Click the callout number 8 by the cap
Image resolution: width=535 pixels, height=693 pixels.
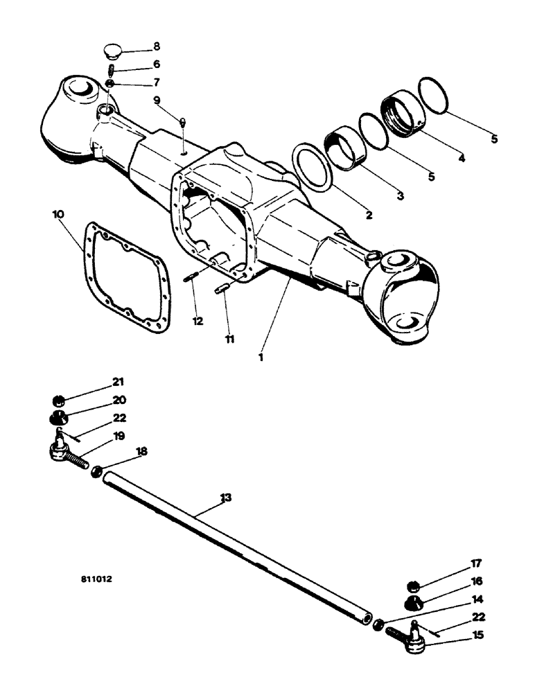pyautogui.click(x=157, y=47)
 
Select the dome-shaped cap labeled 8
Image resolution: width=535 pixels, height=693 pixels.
pyautogui.click(x=111, y=51)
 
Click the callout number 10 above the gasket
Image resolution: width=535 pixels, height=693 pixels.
pyautogui.click(x=58, y=215)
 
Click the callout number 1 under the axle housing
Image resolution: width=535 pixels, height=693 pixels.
pyautogui.click(x=261, y=357)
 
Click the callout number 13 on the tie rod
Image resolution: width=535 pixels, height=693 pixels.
pyautogui.click(x=225, y=498)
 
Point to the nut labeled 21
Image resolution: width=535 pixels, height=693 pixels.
pyautogui.click(x=60, y=400)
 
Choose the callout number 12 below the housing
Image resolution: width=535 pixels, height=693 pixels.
pyautogui.click(x=199, y=322)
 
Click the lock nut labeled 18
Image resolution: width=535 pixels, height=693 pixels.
pyautogui.click(x=98, y=471)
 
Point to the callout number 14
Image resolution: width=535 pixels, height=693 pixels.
pyautogui.click(x=477, y=599)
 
